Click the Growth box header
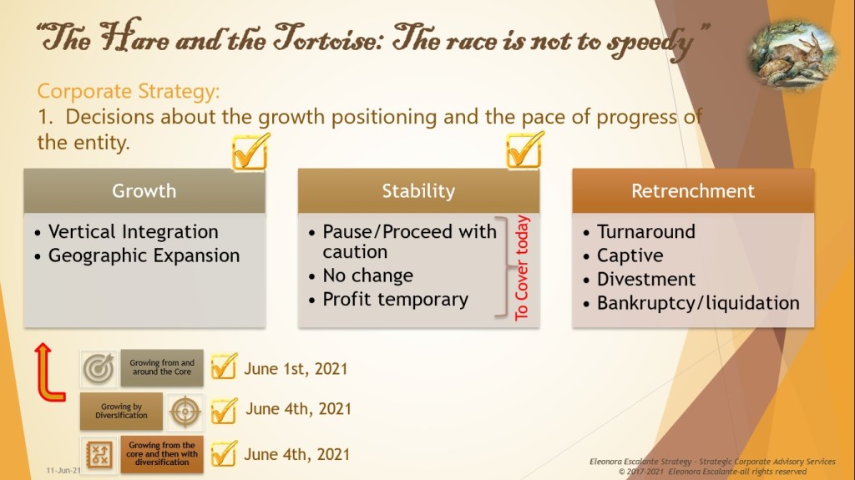pos(144,191)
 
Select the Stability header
pos(419,191)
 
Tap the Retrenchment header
pos(693,191)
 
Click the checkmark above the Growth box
pos(250,152)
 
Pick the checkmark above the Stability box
pos(525,150)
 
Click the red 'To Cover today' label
pos(522,267)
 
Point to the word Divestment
pos(646,280)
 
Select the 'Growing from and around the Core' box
pos(162,367)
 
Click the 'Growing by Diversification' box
pos(121,411)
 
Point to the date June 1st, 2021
pos(296,369)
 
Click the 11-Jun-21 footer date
pos(63,470)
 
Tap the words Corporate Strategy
pos(128,91)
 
